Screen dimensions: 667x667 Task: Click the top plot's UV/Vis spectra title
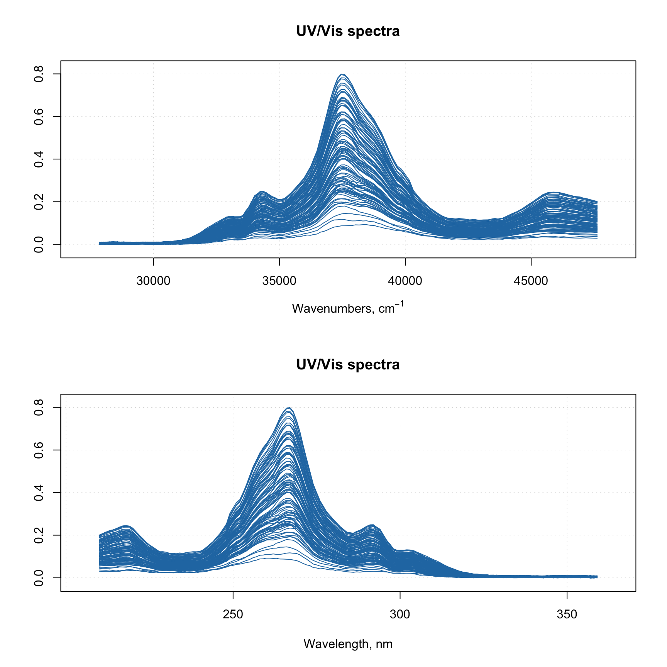pyautogui.click(x=348, y=31)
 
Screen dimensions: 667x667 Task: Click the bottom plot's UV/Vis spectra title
pyautogui.click(x=348, y=365)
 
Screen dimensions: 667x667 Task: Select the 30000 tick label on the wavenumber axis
pyautogui.click(x=153, y=281)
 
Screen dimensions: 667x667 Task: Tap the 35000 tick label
pyautogui.click(x=279, y=281)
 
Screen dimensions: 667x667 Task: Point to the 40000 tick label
pyautogui.click(x=405, y=281)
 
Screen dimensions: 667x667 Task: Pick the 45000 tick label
pyautogui.click(x=531, y=281)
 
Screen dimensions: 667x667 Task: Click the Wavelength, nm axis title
pyautogui.click(x=348, y=644)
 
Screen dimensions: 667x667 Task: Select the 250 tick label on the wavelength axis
pyautogui.click(x=233, y=615)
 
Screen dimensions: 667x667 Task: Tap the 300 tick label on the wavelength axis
pyautogui.click(x=400, y=615)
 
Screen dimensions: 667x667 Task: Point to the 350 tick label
pyautogui.click(x=567, y=615)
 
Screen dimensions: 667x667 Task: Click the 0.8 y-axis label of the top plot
pyautogui.click(x=39, y=74)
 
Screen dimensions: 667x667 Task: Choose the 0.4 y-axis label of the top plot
pyautogui.click(x=39, y=159)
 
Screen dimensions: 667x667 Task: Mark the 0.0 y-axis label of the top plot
pyautogui.click(x=39, y=244)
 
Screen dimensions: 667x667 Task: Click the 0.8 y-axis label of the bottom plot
pyautogui.click(x=39, y=407)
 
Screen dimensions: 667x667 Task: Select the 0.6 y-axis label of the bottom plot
pyautogui.click(x=39, y=450)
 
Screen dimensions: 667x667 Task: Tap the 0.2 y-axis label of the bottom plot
pyautogui.click(x=39, y=535)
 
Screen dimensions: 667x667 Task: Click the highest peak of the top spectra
pyautogui.click(x=342, y=74)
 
